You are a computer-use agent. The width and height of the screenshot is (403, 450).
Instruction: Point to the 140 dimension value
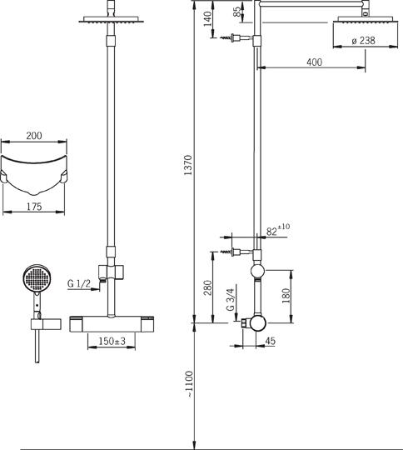(207, 19)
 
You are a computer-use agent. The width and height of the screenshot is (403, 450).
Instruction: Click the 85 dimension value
(238, 12)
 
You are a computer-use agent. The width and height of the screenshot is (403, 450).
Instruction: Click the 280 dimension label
(206, 287)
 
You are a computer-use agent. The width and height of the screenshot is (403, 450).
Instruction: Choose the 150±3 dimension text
(111, 342)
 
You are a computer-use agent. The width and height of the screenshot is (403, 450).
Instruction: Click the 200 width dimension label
(33, 135)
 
